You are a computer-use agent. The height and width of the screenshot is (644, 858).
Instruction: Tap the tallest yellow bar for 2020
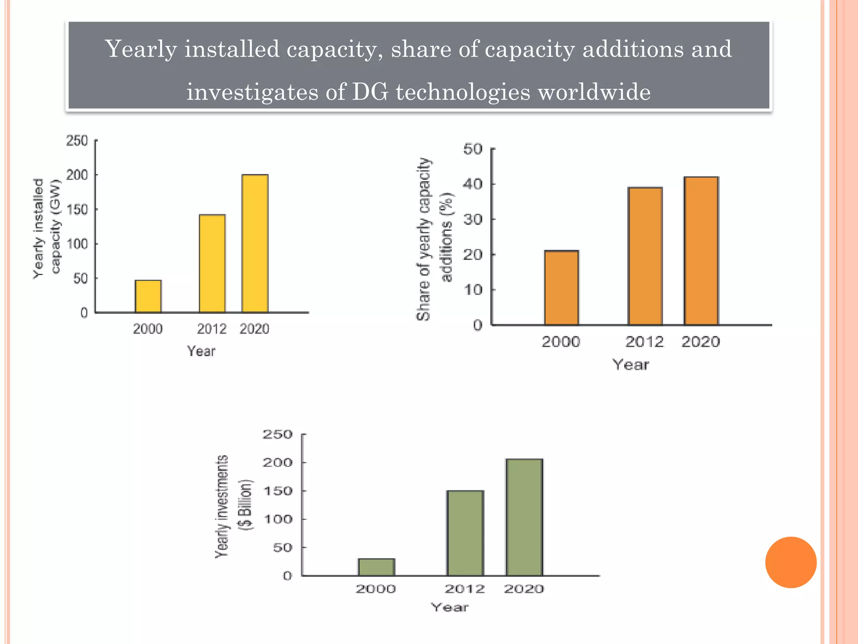255,243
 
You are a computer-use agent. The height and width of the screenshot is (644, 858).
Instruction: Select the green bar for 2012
465,533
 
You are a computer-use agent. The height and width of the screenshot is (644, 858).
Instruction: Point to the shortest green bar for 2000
376,567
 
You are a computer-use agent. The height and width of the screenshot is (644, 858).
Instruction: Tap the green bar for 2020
524,517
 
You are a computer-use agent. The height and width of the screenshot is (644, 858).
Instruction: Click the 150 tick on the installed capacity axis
78,209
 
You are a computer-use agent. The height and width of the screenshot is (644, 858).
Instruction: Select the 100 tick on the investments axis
278,519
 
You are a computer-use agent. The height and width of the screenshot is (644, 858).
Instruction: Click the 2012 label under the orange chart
644,342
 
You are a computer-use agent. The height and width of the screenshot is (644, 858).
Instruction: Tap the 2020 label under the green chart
524,589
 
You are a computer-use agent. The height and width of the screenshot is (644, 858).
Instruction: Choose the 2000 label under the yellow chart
148,329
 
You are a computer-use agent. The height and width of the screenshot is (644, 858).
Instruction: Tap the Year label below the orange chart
631,365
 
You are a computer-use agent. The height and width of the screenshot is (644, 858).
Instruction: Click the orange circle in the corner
791,562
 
